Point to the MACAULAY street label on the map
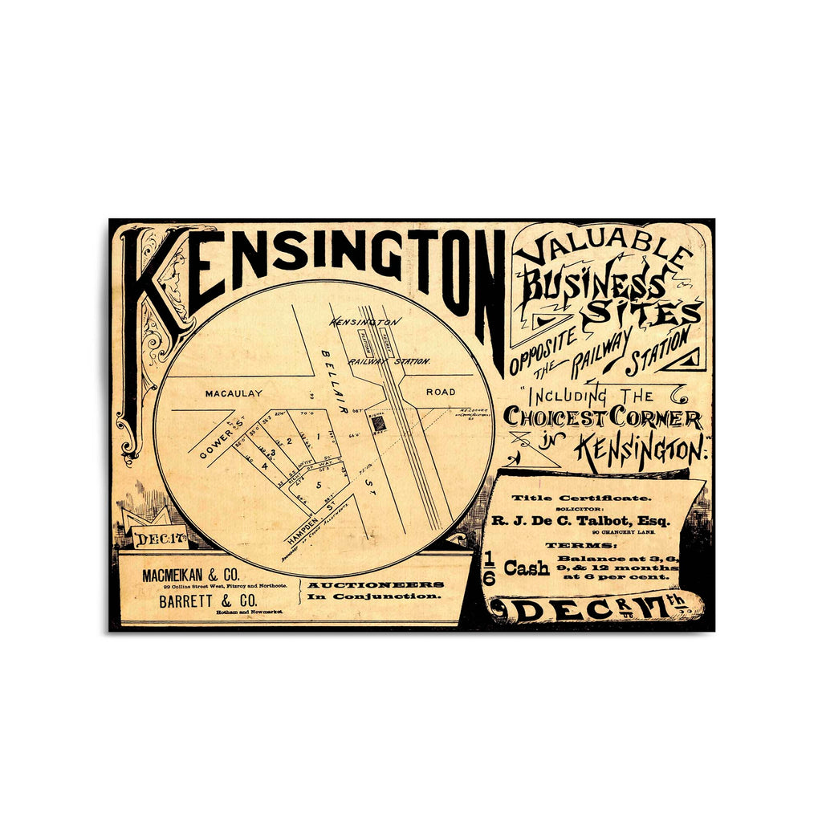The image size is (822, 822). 234,393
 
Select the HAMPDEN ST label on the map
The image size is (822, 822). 307,526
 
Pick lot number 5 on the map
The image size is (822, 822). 318,485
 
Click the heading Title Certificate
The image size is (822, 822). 583,498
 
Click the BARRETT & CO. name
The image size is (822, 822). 208,602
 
